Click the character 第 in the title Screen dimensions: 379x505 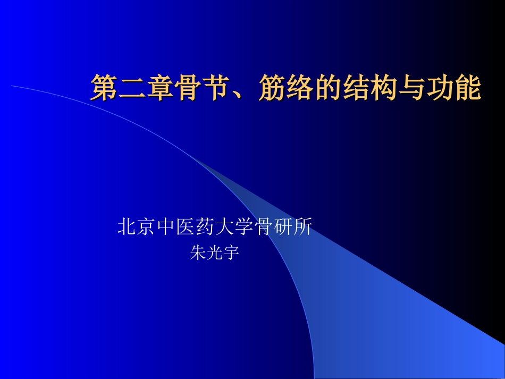click(x=104, y=88)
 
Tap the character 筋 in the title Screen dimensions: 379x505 click(x=272, y=88)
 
